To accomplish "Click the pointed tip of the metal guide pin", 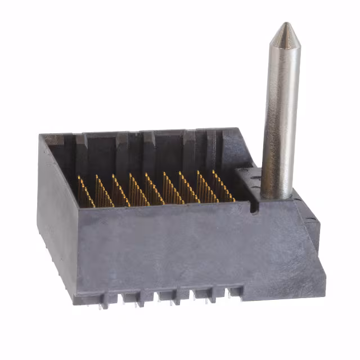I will (285, 24).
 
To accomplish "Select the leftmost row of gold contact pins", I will (85, 191).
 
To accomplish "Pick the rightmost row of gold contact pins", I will (223, 186).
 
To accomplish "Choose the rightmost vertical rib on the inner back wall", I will (211, 147).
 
